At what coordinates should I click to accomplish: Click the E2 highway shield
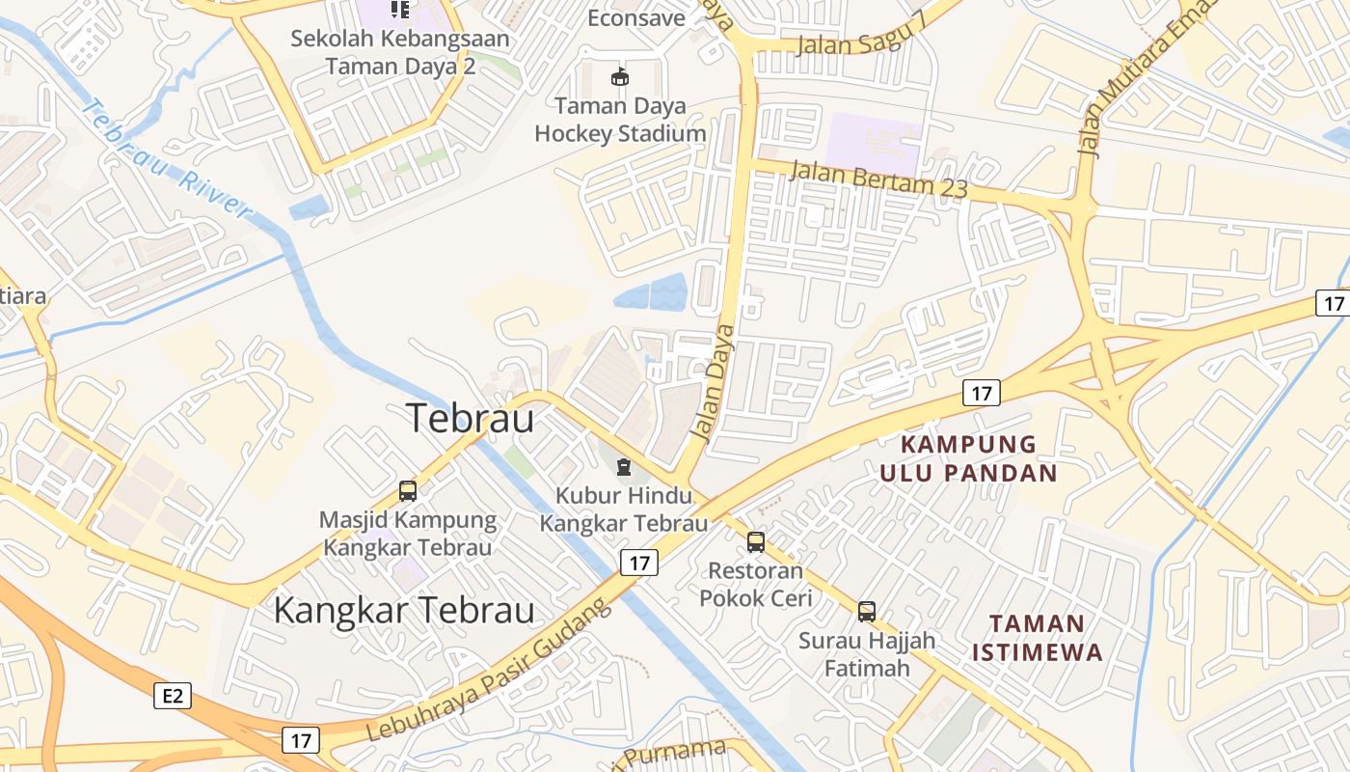tap(173, 695)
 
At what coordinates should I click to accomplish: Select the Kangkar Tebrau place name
tap(404, 610)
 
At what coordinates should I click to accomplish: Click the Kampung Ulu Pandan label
tap(968, 458)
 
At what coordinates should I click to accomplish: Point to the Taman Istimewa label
tap(1037, 637)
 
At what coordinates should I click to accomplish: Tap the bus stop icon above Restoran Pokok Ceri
tap(756, 542)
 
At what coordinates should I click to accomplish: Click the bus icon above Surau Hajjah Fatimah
tap(867, 611)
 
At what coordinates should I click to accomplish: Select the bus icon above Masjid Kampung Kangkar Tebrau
tap(408, 491)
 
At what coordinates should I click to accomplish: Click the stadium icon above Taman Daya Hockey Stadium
tap(620, 77)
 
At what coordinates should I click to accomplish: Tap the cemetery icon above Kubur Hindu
tap(624, 468)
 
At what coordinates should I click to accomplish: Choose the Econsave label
tap(636, 17)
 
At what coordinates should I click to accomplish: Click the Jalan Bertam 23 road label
tap(877, 179)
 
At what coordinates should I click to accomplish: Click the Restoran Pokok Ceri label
tap(756, 584)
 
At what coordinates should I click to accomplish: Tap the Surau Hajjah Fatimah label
tap(867, 653)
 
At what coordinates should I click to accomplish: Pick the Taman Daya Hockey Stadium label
tap(620, 120)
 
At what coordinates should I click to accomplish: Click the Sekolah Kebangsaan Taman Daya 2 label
tap(400, 53)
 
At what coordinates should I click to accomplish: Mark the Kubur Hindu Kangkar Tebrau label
tap(624, 510)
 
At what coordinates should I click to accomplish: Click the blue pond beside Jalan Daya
tap(651, 292)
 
